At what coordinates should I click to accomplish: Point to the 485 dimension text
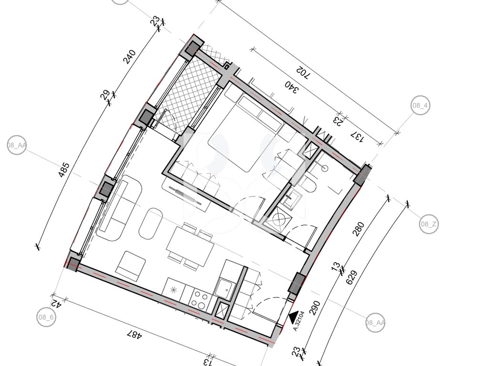pyautogui.click(x=64, y=170)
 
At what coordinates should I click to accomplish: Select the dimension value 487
pyautogui.click(x=135, y=335)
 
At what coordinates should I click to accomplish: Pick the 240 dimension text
pyautogui.click(x=130, y=56)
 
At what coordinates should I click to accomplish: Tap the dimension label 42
pyautogui.click(x=57, y=303)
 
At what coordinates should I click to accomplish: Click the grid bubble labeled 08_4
pyautogui.click(x=420, y=105)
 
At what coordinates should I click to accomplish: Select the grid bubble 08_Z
pyautogui.click(x=429, y=224)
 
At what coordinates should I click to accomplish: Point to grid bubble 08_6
pyautogui.click(x=46, y=317)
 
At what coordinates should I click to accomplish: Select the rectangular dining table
pyautogui.click(x=191, y=245)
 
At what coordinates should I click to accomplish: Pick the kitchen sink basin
pyautogui.click(x=225, y=289)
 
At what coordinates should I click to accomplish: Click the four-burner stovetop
pyautogui.click(x=200, y=299)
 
